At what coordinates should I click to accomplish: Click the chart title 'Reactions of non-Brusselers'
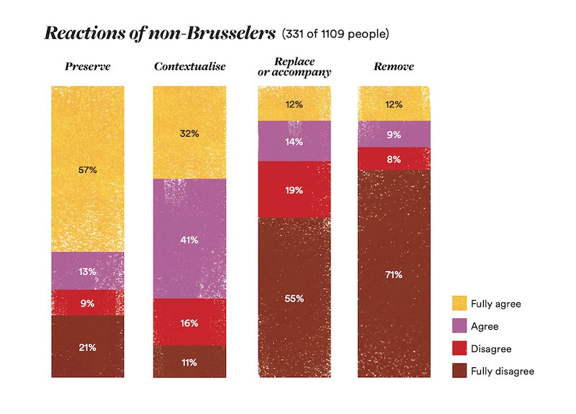point(159,34)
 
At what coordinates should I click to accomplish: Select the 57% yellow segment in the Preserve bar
point(87,169)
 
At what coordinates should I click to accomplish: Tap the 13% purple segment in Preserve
point(87,271)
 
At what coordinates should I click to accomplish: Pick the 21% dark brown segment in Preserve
point(87,347)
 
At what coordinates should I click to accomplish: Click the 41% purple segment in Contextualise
point(190,238)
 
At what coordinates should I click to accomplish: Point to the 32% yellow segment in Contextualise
point(190,132)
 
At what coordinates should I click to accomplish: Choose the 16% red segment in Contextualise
point(190,322)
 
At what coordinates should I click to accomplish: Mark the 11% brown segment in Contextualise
point(190,361)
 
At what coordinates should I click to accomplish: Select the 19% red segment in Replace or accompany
point(294,189)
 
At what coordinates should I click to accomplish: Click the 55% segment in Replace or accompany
point(294,297)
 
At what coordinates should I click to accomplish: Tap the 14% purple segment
point(294,141)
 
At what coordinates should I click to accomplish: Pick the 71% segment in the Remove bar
point(394,274)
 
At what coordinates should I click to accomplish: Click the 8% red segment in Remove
point(394,159)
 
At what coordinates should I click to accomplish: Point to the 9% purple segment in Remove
point(394,135)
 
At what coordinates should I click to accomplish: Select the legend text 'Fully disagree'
point(503,371)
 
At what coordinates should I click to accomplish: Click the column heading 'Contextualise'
point(189,67)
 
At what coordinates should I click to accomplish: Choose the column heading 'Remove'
point(393,67)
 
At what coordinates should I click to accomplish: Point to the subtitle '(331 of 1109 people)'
point(336,34)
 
